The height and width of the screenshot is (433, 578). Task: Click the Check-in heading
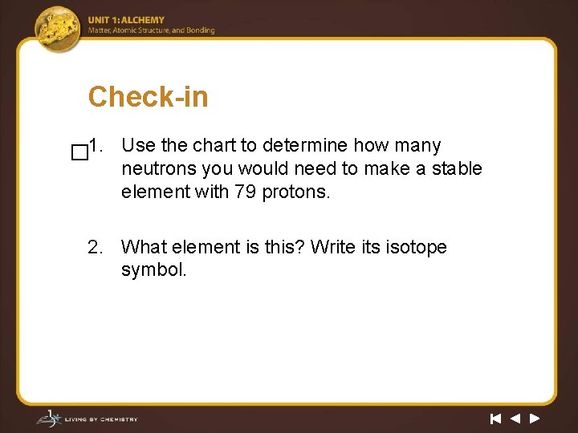[148, 97]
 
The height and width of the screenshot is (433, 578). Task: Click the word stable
[456, 168]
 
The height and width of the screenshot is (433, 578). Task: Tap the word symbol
[153, 269]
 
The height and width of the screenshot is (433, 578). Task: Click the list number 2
[96, 247]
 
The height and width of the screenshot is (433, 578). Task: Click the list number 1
[96, 145]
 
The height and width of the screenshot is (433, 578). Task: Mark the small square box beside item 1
[79, 152]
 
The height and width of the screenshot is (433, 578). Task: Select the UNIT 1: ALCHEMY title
[126, 20]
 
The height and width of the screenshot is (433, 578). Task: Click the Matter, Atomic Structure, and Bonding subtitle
[152, 30]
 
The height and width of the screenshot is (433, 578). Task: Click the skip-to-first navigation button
[495, 418]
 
